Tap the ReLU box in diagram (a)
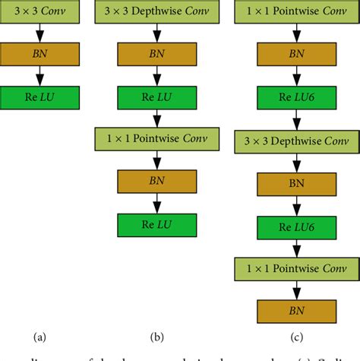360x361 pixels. tap(38, 97)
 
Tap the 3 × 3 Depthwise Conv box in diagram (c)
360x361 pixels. tap(298, 141)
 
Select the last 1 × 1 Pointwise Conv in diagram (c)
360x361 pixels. tap(298, 268)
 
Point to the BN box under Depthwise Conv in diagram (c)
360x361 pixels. tap(298, 183)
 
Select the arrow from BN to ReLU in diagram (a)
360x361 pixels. tap(38, 76)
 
